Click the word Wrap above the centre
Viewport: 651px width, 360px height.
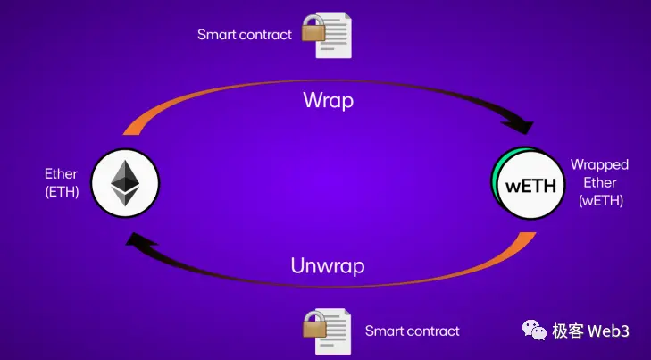[327, 99]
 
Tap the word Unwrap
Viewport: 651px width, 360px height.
[327, 265]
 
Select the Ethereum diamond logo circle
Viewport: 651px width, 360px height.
[125, 181]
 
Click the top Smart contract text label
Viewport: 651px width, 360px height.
[245, 35]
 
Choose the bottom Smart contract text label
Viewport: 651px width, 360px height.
[412, 331]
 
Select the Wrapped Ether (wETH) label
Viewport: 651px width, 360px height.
[599, 182]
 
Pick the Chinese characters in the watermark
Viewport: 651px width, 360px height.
[567, 331]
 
